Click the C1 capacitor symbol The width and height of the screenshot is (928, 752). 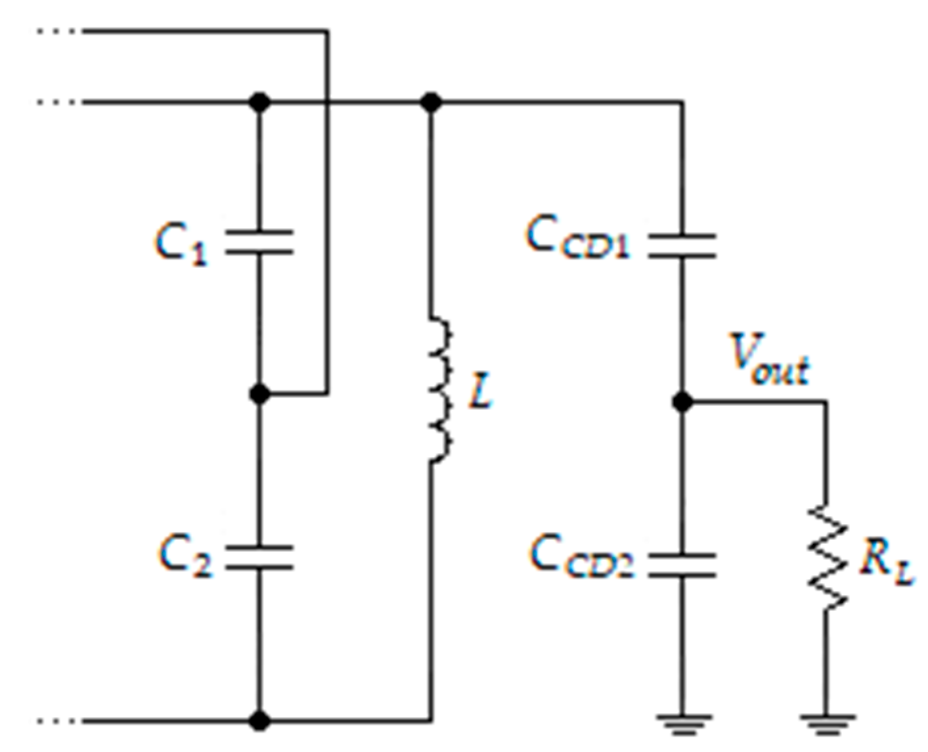point(260,241)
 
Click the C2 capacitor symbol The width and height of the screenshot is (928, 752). point(260,557)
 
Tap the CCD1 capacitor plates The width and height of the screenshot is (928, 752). point(682,245)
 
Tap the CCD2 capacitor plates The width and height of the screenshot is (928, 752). point(682,565)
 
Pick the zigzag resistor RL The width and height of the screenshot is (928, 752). point(826,556)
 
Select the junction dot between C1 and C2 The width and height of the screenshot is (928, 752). point(260,394)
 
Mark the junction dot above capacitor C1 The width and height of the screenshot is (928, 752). point(261,102)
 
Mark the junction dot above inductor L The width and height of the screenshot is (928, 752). point(431,102)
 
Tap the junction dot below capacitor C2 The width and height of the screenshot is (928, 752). point(261,720)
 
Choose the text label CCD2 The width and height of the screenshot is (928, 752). point(582,557)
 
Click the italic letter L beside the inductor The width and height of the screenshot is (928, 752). point(481,394)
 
